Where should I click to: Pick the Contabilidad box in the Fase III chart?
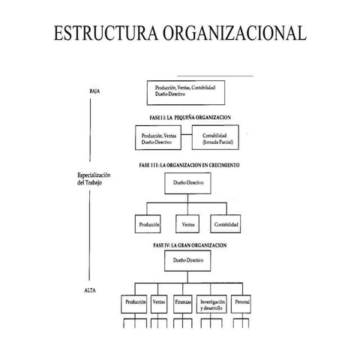(x=226, y=223)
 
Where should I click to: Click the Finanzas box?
(x=184, y=304)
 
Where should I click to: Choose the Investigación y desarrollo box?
(x=213, y=304)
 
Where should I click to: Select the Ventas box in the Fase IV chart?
(x=159, y=304)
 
